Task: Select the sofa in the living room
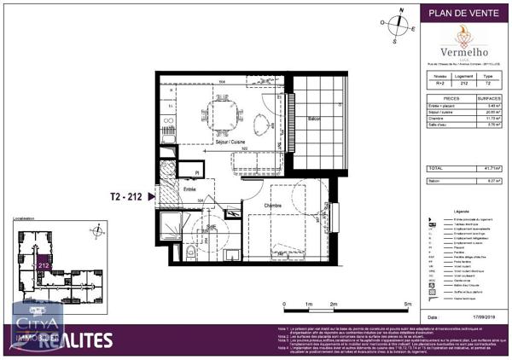(256, 161)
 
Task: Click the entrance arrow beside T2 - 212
(152, 196)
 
